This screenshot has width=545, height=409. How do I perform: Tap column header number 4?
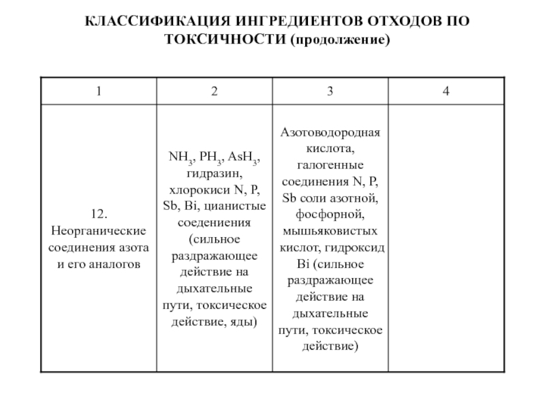point(446,91)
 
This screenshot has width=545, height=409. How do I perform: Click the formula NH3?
point(181,158)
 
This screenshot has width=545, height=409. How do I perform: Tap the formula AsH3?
point(242,158)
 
